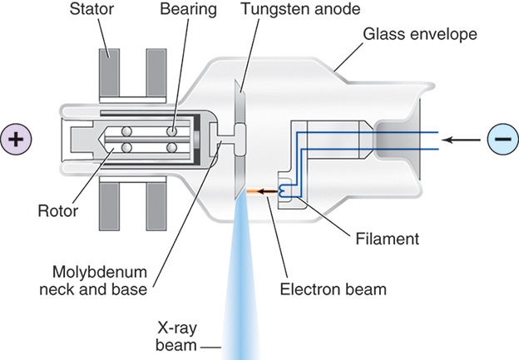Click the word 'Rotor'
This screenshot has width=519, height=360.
pos(56,210)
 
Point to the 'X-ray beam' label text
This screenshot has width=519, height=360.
pos(180,333)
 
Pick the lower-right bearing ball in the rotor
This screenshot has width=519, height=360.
pos(171,147)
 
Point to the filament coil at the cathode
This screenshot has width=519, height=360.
pos(287,190)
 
